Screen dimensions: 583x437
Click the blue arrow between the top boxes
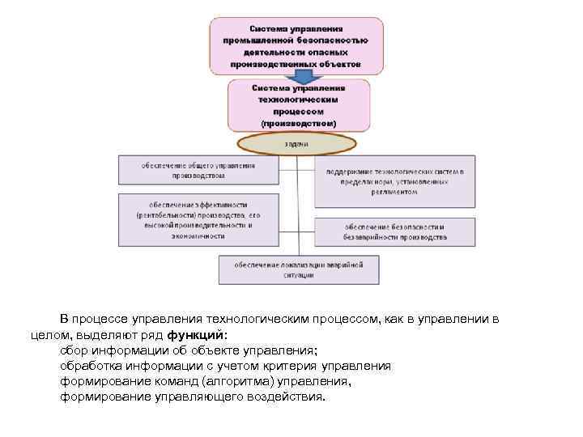click(302, 76)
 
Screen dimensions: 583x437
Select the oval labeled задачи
click(296, 143)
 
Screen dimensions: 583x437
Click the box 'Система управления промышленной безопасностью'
click(296, 45)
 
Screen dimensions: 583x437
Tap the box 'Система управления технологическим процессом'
click(298, 105)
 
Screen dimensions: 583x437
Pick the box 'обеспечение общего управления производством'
click(199, 170)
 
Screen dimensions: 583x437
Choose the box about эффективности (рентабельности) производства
click(199, 219)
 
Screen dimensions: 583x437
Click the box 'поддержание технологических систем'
click(389, 182)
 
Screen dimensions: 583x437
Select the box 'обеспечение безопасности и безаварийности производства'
click(389, 232)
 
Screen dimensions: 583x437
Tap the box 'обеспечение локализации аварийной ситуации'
click(298, 269)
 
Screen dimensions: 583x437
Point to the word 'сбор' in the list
click(75, 350)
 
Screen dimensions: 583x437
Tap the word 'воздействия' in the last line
click(287, 397)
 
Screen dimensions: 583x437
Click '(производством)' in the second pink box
click(297, 123)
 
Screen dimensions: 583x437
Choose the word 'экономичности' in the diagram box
click(198, 236)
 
